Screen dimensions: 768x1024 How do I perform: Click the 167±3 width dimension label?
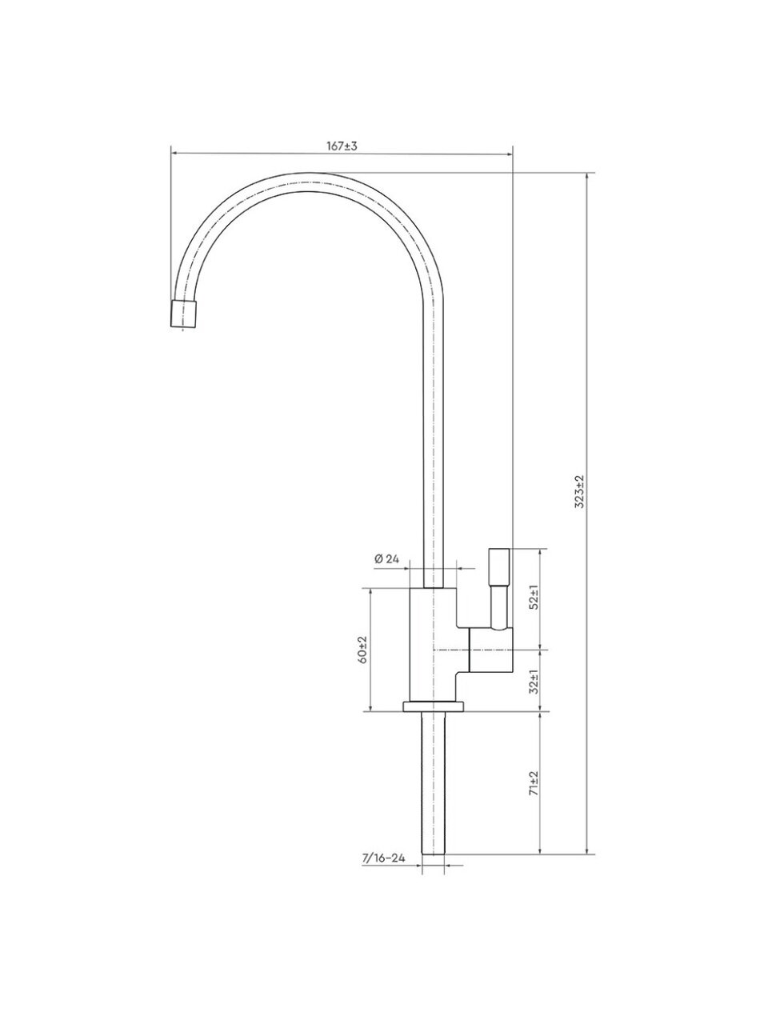tap(342, 146)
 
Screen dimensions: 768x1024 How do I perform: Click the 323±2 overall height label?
tap(581, 492)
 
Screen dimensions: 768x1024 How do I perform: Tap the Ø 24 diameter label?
tap(386, 559)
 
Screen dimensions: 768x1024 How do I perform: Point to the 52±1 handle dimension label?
tap(534, 598)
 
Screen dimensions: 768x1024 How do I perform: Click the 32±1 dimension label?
tap(534, 682)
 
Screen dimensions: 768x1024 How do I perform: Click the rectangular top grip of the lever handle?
tap(499, 566)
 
